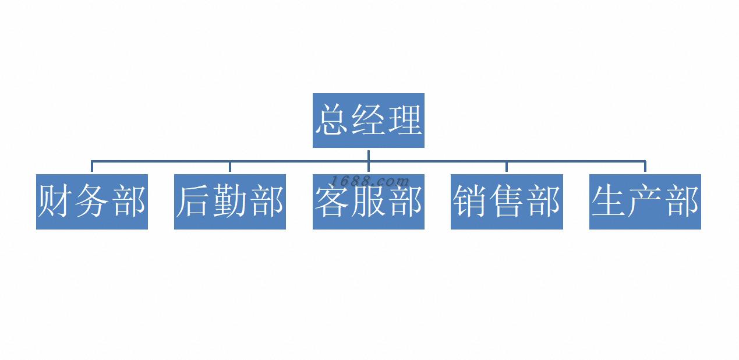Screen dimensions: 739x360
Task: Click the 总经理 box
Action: [x=368, y=121]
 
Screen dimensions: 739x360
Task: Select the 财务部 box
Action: [x=92, y=202]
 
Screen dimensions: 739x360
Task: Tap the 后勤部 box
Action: [x=230, y=202]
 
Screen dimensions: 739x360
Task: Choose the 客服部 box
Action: [x=368, y=202]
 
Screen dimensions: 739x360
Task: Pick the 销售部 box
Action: [x=507, y=202]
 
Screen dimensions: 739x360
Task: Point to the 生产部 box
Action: [x=645, y=202]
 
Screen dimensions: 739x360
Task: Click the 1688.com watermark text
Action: [x=370, y=181]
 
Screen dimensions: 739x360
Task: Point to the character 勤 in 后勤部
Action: [x=230, y=202]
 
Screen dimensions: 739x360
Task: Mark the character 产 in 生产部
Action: [x=645, y=202]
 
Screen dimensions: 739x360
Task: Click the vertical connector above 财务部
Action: [x=92, y=167]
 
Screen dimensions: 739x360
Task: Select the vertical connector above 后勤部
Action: [x=230, y=167]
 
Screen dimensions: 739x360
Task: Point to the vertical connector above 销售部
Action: [x=507, y=167]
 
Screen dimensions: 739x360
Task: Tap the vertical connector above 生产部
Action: [x=645, y=167]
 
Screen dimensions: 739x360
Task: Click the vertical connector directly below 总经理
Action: [x=369, y=154]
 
